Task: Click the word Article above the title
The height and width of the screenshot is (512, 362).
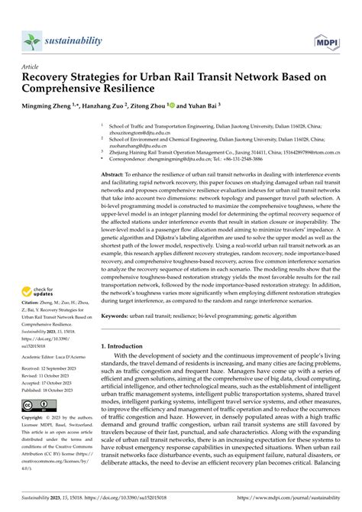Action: point(30,66)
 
